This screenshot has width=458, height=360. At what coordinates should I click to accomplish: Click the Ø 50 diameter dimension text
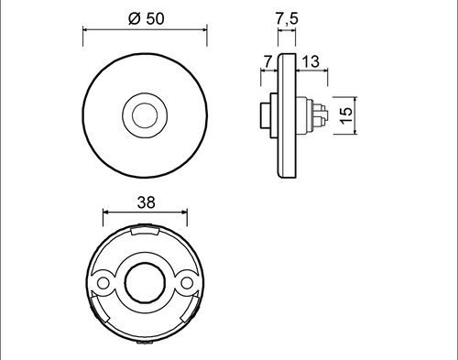click(144, 18)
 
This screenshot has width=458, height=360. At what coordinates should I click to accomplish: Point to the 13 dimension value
click(310, 61)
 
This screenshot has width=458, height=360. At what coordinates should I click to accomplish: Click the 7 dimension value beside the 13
click(267, 61)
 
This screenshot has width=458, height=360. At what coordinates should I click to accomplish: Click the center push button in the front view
click(145, 115)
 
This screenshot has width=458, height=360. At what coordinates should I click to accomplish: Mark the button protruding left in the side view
click(265, 115)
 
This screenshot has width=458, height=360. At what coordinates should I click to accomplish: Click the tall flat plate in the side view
click(288, 115)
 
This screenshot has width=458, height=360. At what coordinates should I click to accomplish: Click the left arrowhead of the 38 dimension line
click(103, 216)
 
